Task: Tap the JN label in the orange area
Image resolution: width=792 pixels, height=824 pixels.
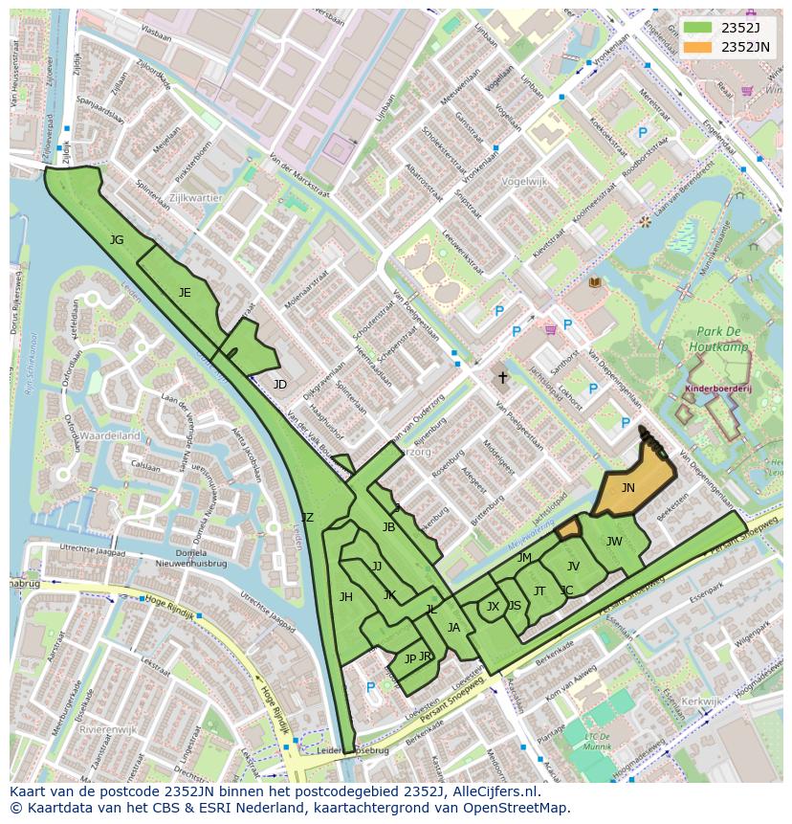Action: coord(627,487)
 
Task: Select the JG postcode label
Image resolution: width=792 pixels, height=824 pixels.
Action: coord(117,240)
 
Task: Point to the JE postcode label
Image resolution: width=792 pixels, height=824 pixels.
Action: coord(185,293)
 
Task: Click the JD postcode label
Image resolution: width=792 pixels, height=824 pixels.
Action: coord(279,385)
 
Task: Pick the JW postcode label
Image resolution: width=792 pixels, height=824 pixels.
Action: coord(614,542)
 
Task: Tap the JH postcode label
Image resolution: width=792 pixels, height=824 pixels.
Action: coord(345,597)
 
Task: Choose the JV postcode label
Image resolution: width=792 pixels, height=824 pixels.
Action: coord(573,567)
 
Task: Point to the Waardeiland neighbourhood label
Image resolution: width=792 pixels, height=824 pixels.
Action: coord(109,435)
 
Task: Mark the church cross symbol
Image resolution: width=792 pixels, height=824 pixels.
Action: coord(502,378)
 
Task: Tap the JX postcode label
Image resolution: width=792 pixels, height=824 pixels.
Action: coord(493,607)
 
